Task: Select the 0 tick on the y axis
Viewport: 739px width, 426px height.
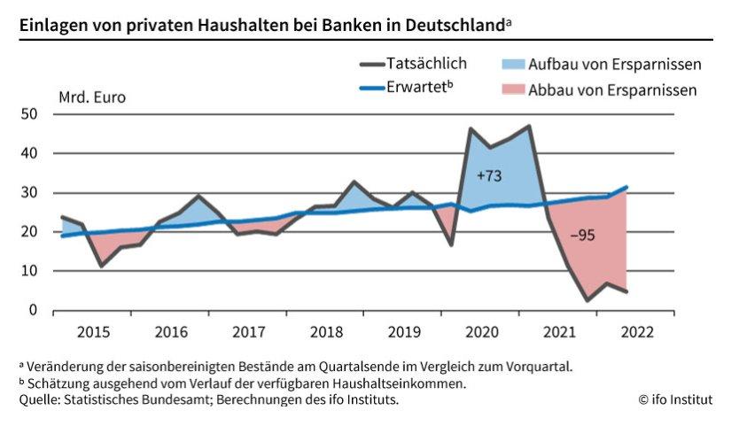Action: click(33, 310)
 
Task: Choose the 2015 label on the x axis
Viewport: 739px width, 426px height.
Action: click(93, 332)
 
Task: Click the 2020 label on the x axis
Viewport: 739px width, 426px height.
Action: click(481, 332)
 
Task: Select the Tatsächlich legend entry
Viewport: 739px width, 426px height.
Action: click(427, 64)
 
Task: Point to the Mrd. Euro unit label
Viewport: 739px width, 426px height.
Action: click(92, 97)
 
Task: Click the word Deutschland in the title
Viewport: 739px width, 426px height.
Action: click(454, 23)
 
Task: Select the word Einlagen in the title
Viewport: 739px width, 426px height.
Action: click(51, 23)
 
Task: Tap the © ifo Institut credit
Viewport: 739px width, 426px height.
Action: click(674, 400)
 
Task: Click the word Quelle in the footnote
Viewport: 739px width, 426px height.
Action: click(39, 400)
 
